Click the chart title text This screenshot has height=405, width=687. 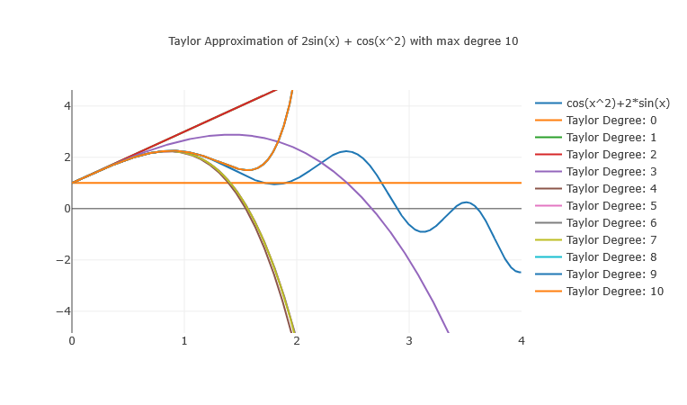click(343, 41)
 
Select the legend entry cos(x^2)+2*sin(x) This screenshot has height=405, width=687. click(617, 103)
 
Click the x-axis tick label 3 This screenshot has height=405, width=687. click(409, 341)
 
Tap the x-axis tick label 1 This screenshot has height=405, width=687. click(184, 341)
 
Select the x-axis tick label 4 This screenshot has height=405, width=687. click(522, 341)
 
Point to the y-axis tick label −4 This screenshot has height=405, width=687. click(60, 311)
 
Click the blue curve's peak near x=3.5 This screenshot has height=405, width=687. click(466, 202)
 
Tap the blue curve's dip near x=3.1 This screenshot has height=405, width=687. click(423, 231)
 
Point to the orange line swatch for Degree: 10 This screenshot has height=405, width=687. click(548, 292)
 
